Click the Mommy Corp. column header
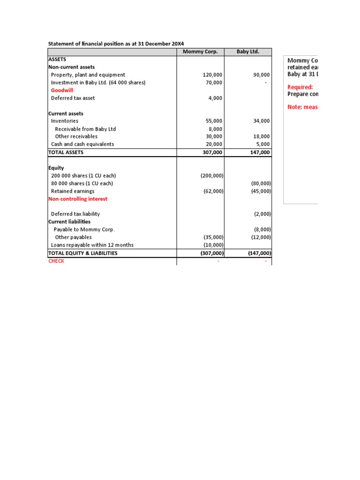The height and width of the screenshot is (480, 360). pyautogui.click(x=200, y=52)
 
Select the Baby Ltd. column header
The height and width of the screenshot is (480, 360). pyautogui.click(x=247, y=52)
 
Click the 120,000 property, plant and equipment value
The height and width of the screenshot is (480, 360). pyautogui.click(x=211, y=75)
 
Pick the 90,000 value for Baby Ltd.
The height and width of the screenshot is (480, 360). pyautogui.click(x=261, y=75)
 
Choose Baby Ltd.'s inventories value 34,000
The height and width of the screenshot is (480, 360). pyautogui.click(x=261, y=121)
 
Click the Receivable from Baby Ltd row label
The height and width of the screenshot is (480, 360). pyautogui.click(x=85, y=129)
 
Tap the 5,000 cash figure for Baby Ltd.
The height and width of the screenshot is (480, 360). pyautogui.click(x=262, y=144)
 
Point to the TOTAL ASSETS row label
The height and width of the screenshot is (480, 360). pyautogui.click(x=66, y=152)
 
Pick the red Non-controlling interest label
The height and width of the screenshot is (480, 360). pyautogui.click(x=78, y=199)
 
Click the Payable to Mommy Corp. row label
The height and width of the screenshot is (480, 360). pyautogui.click(x=84, y=230)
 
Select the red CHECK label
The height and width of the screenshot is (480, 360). pyautogui.click(x=56, y=261)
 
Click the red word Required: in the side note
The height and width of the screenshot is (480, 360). pyautogui.click(x=300, y=87)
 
